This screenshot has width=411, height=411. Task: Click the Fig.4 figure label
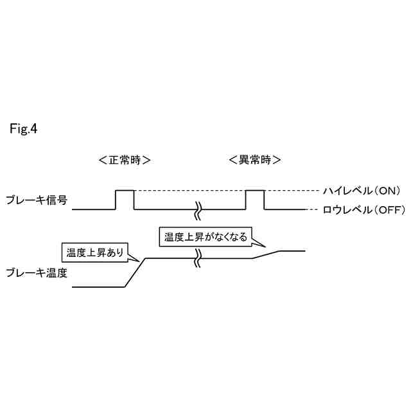coord(24,129)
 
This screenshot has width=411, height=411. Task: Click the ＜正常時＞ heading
coord(125,160)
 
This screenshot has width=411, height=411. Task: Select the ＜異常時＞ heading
coord(255,160)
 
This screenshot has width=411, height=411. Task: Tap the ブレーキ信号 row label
coord(36,200)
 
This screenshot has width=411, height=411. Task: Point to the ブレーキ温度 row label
coord(36,272)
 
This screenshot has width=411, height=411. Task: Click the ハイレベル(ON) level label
coord(362,191)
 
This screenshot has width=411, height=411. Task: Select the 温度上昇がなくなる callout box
coord(205,236)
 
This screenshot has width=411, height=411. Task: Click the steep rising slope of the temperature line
coord(134,273)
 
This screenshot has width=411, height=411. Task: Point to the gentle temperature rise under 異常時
coord(266,254)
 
